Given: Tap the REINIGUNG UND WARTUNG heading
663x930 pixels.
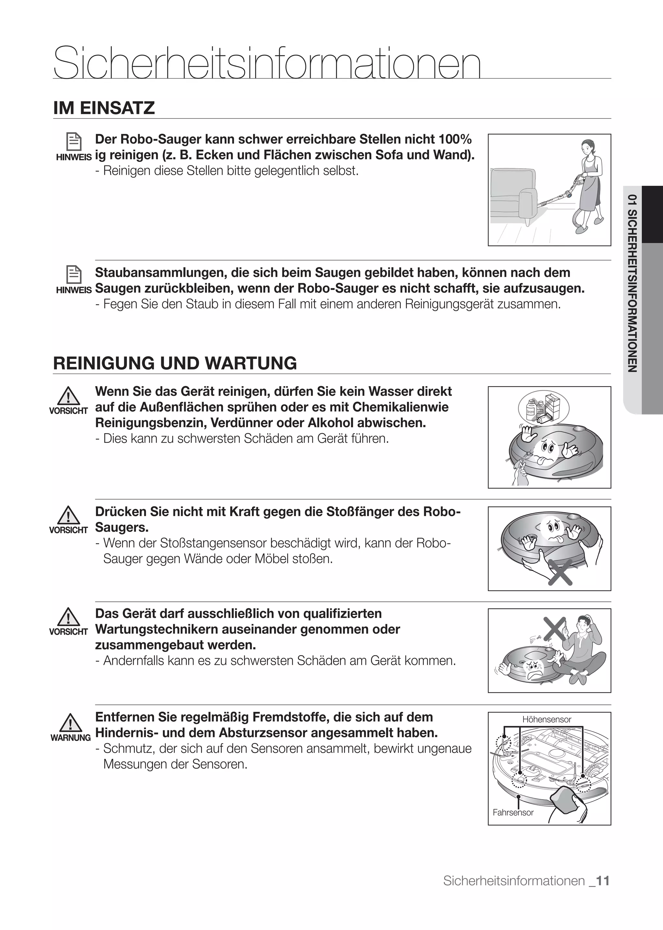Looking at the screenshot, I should click(175, 363).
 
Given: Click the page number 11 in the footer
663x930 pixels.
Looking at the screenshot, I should click(602, 880).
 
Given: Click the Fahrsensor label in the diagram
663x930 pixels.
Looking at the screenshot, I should click(513, 812).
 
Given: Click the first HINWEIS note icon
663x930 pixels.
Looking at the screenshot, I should click(74, 142).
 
